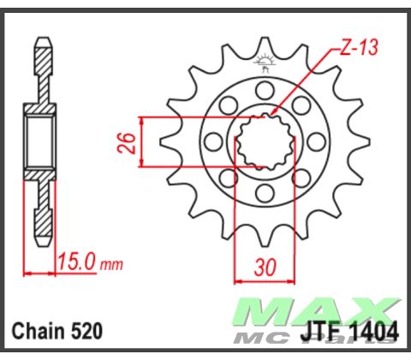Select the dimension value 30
point(265,268)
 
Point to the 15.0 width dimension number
point(75,260)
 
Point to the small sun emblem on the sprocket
point(264,62)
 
